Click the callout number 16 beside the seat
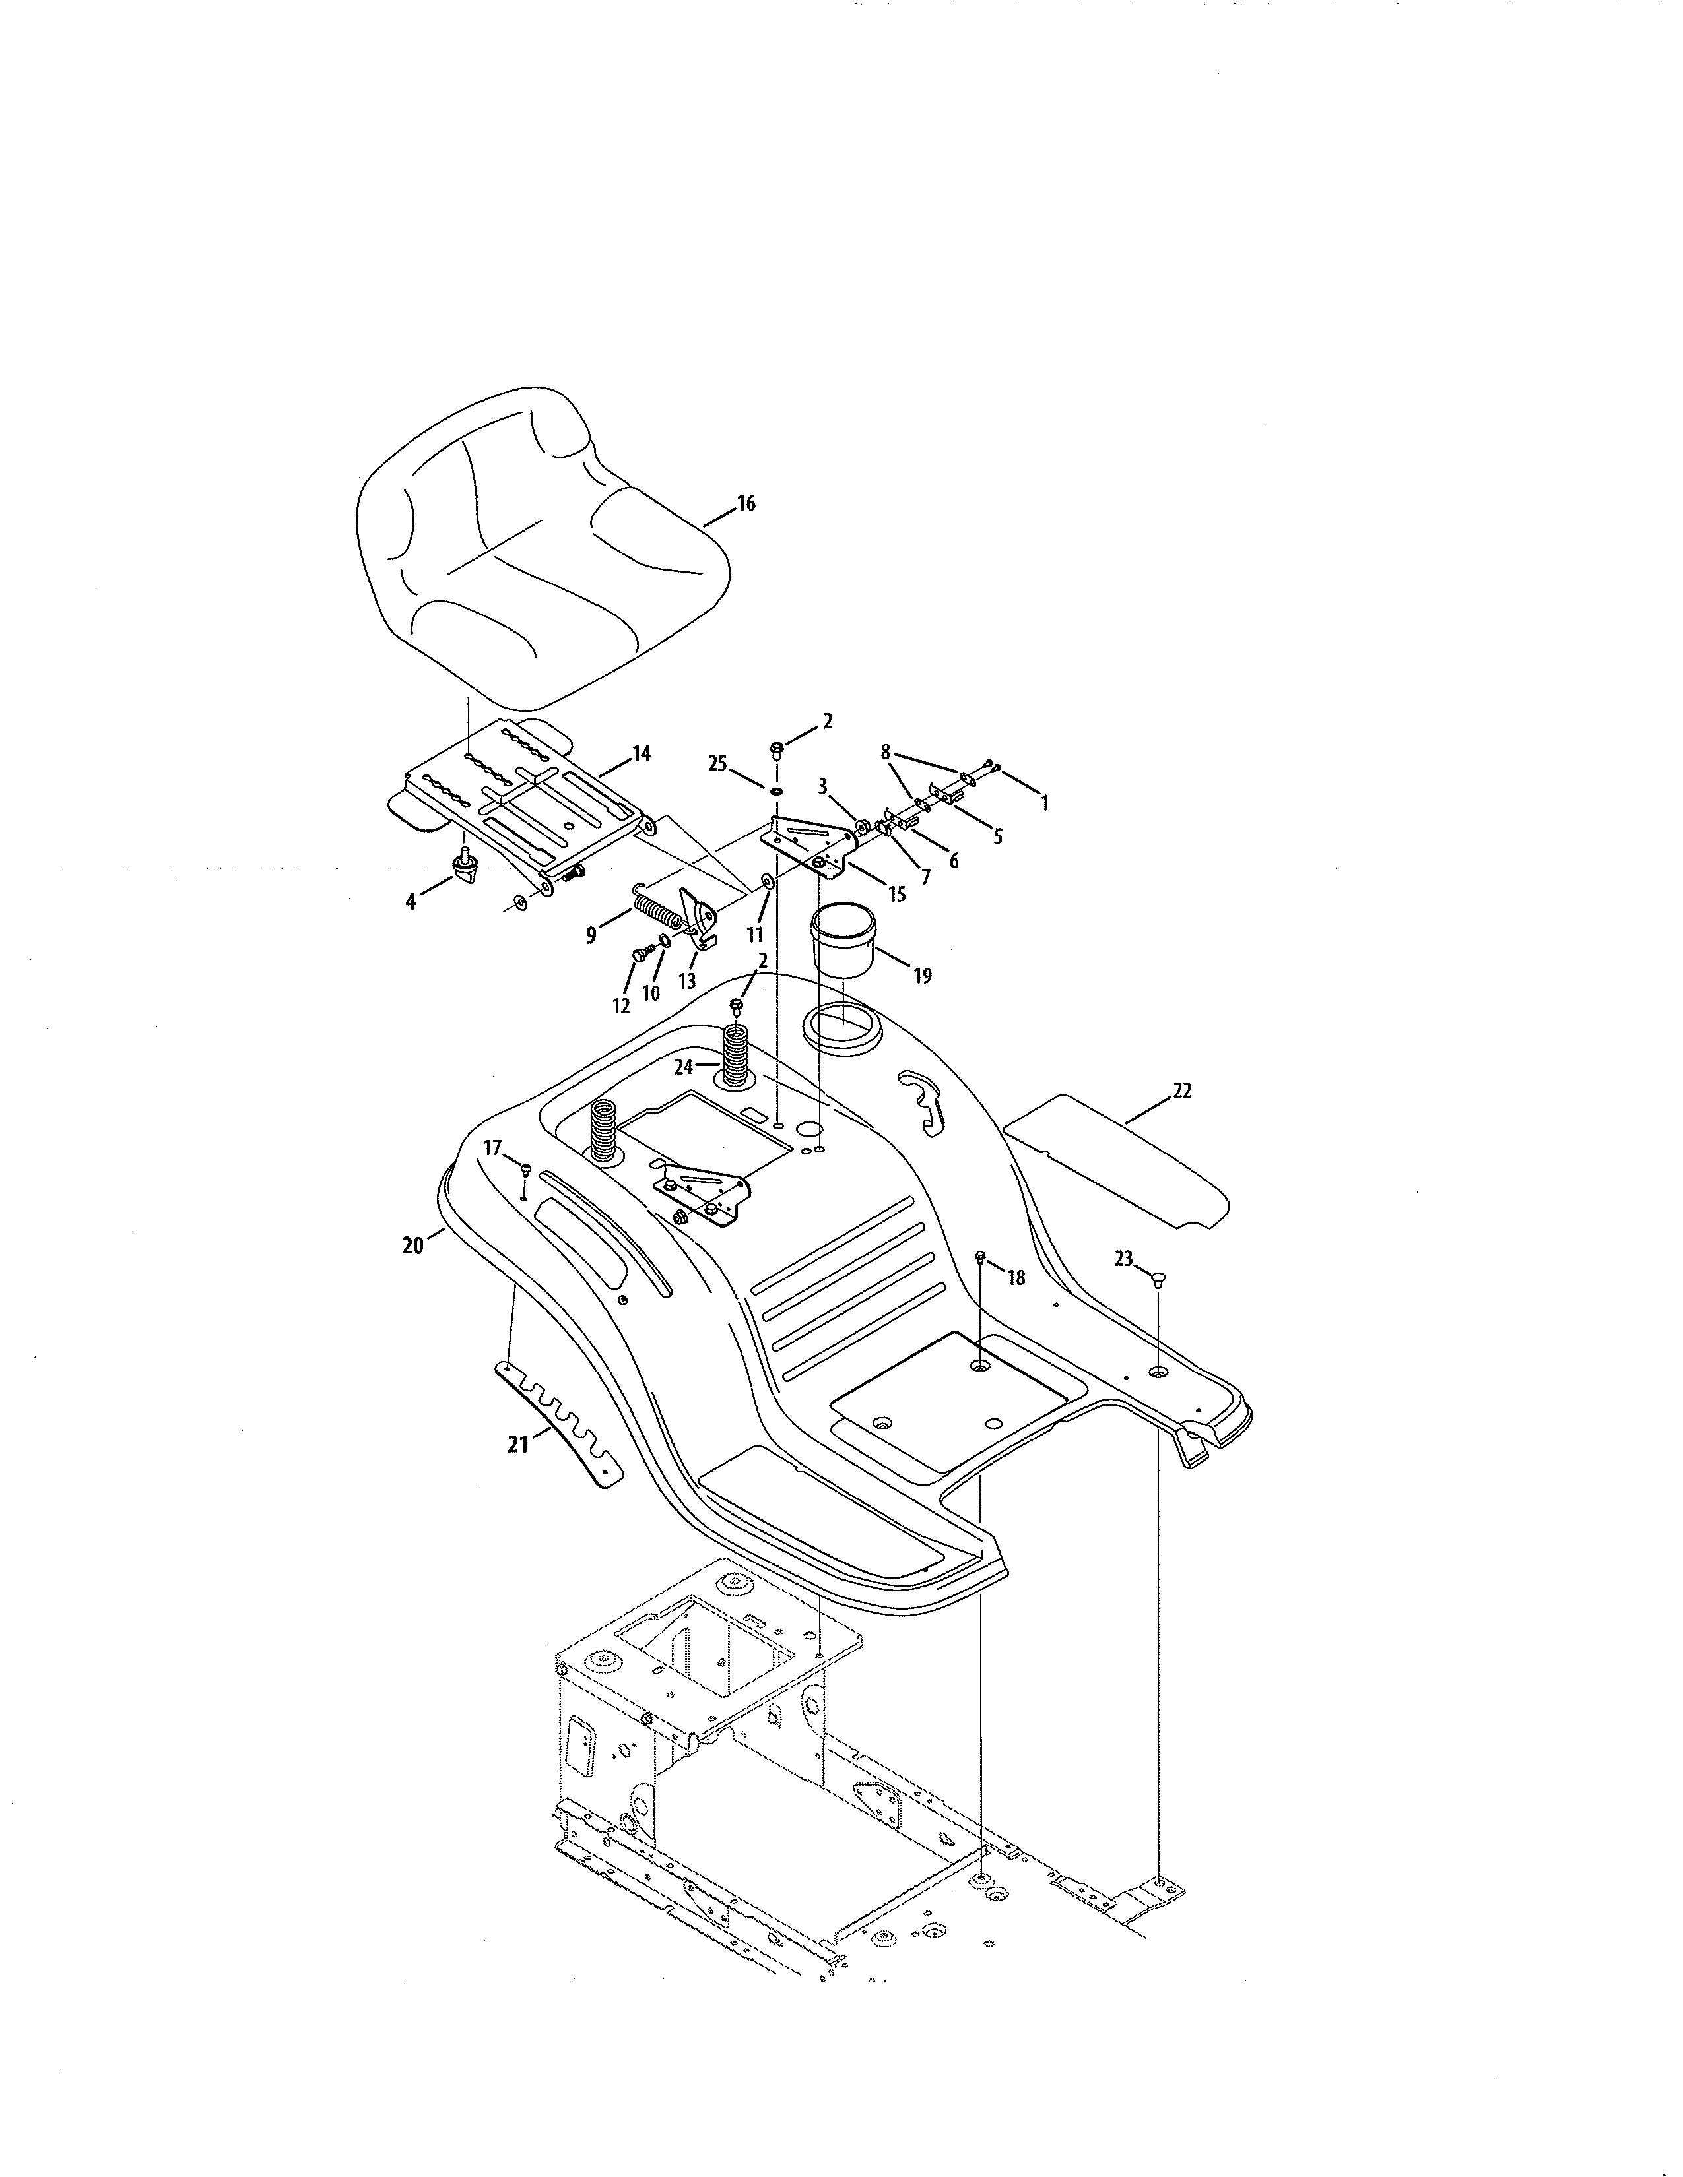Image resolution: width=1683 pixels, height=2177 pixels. click(x=746, y=503)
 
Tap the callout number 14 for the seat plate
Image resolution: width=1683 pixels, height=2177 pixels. click(x=641, y=753)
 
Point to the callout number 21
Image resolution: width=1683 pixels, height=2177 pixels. click(x=517, y=1444)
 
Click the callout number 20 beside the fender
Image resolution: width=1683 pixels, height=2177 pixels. click(x=412, y=1245)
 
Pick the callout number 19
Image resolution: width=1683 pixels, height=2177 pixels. click(x=922, y=976)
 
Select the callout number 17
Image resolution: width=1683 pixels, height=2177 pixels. click(x=492, y=1149)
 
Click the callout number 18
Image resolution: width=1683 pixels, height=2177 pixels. click(x=1016, y=1278)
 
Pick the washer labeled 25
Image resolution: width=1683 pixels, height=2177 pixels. click(x=775, y=790)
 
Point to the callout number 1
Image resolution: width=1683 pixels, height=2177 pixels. click(x=1044, y=802)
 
